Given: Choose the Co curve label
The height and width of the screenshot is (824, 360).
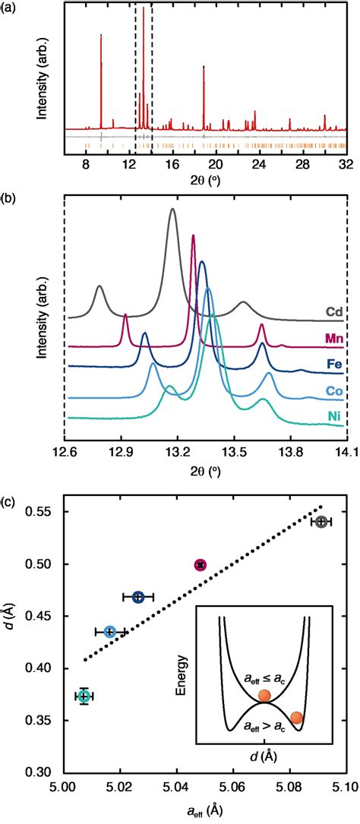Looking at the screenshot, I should pos(333,390).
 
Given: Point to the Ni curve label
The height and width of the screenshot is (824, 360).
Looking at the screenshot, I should pos(334,417).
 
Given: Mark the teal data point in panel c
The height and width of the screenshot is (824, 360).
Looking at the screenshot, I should pos(84,696).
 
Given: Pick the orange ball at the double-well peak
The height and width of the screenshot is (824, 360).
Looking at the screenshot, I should pos(264,696).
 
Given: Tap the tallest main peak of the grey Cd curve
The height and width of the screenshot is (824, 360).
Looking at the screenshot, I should pos(173,210).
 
